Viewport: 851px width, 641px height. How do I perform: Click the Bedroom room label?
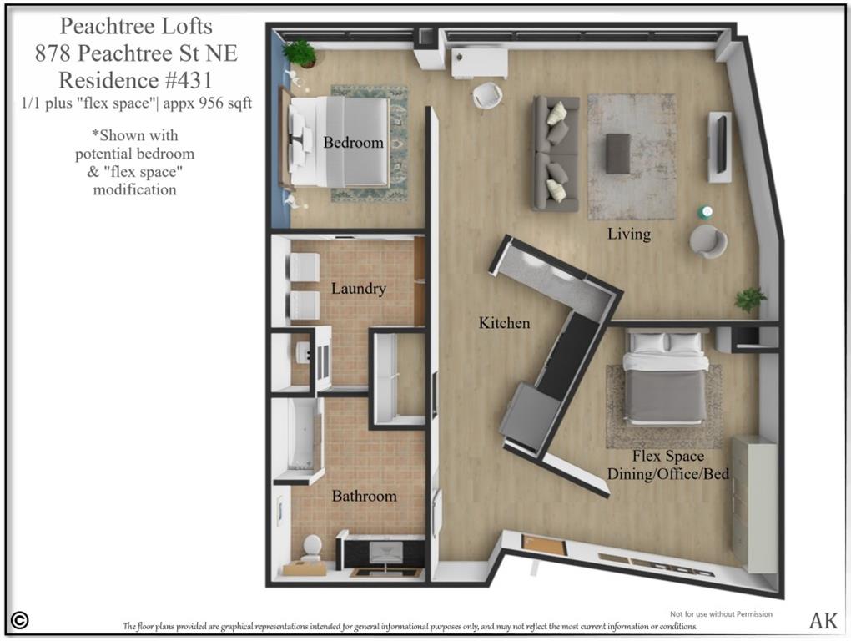pyautogui.click(x=353, y=143)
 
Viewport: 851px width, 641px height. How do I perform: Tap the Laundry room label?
pyautogui.click(x=358, y=289)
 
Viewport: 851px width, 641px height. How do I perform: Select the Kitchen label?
pyautogui.click(x=504, y=322)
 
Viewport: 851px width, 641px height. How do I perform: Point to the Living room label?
pyautogui.click(x=628, y=234)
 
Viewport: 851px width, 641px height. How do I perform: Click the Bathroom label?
pyautogui.click(x=364, y=496)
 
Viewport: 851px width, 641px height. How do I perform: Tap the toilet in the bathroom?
pyautogui.click(x=311, y=547)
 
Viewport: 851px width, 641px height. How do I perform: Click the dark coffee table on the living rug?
pyautogui.click(x=618, y=154)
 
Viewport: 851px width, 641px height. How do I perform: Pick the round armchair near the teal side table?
pyautogui.click(x=707, y=241)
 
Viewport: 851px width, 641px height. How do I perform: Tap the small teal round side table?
pyautogui.click(x=706, y=212)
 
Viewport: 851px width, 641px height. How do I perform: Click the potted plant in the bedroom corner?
pyautogui.click(x=300, y=53)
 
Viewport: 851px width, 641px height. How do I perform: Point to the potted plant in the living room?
pyautogui.click(x=750, y=300)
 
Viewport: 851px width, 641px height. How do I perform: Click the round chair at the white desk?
pyautogui.click(x=487, y=95)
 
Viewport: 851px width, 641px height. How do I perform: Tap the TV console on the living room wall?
pyautogui.click(x=719, y=146)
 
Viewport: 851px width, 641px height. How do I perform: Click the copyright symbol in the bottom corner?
pyautogui.click(x=20, y=620)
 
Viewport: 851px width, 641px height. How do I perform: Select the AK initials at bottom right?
pyautogui.click(x=823, y=620)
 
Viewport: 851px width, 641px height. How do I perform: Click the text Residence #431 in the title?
pyautogui.click(x=136, y=80)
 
